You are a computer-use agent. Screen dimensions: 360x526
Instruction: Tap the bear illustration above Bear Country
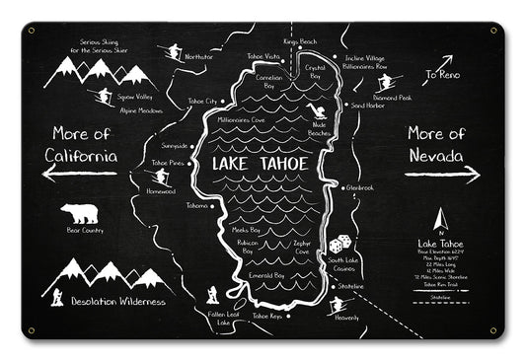(x=78, y=213)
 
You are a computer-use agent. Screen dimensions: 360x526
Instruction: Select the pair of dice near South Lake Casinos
(x=338, y=243)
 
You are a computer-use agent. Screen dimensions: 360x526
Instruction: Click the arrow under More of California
(x=79, y=175)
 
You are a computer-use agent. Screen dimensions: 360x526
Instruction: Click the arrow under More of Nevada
(x=442, y=175)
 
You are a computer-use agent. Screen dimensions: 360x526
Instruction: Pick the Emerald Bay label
(x=265, y=276)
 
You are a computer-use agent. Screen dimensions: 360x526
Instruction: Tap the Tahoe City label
(x=201, y=101)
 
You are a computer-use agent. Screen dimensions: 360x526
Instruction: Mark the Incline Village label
(x=365, y=58)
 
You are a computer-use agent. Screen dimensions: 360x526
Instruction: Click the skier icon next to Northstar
(x=175, y=51)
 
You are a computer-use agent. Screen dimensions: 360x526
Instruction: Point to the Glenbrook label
(x=360, y=186)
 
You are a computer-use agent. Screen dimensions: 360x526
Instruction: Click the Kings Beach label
(x=299, y=42)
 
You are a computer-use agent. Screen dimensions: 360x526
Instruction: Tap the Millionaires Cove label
(x=241, y=119)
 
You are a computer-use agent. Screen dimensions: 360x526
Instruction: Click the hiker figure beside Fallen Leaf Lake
(x=212, y=294)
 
